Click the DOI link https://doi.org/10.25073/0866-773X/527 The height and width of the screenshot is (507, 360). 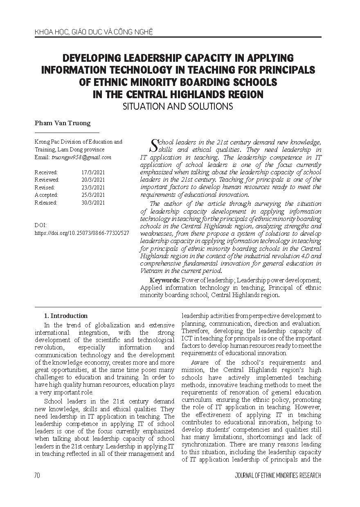(82, 232)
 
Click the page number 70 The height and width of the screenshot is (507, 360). (37, 475)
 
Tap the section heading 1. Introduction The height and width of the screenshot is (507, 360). (65, 315)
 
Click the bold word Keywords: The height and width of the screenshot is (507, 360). (165, 280)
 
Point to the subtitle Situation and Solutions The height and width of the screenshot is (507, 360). (178, 106)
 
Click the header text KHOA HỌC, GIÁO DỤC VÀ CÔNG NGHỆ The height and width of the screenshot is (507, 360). (88, 31)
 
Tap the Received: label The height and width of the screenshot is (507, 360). (46, 172)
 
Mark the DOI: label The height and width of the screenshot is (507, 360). (41, 225)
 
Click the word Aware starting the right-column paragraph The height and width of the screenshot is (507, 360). (201, 362)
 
